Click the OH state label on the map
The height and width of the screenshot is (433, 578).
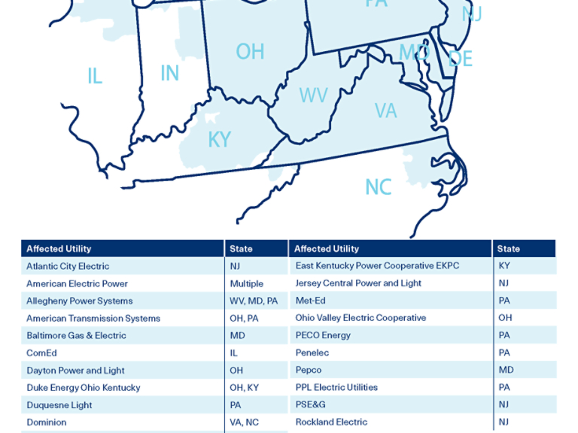click(x=250, y=51)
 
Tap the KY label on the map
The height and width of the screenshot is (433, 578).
click(x=219, y=140)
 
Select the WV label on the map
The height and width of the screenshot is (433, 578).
click(x=313, y=95)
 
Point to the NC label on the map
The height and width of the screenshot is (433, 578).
click(x=378, y=186)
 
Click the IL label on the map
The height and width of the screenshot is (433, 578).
click(x=94, y=76)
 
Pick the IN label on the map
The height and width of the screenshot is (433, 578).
click(x=169, y=73)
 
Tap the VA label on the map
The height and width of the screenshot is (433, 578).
click(x=385, y=111)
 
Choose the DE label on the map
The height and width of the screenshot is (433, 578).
click(x=460, y=59)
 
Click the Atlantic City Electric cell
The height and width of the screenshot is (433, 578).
click(x=68, y=266)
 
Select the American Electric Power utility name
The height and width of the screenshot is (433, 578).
click(x=77, y=283)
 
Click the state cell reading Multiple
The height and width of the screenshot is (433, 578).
click(x=246, y=283)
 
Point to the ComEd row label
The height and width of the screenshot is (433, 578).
click(x=41, y=353)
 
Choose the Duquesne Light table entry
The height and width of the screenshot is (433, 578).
click(x=59, y=404)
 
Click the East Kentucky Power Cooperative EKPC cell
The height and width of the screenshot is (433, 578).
click(x=377, y=265)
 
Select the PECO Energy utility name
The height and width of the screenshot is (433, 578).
click(x=323, y=335)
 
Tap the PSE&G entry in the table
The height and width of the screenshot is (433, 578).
click(x=310, y=404)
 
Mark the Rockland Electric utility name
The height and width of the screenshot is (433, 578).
click(x=331, y=422)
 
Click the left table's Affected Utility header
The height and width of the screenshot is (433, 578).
click(x=59, y=249)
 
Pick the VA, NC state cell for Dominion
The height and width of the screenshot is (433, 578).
click(x=244, y=422)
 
